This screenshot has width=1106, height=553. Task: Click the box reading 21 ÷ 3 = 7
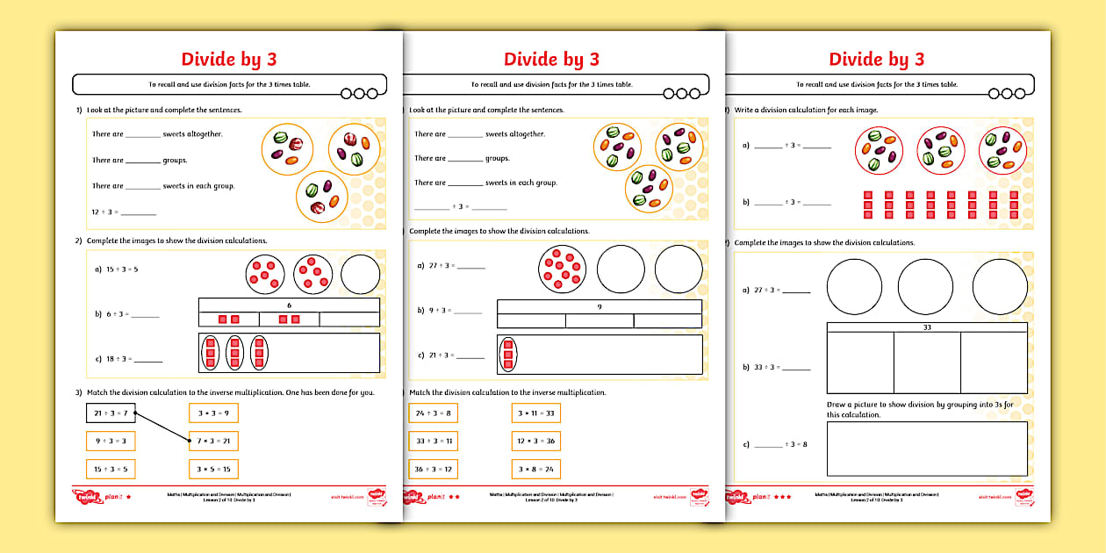[x=111, y=413]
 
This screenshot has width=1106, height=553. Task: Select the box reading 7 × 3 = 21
[x=213, y=441]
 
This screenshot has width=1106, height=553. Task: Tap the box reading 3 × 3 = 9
[x=213, y=413]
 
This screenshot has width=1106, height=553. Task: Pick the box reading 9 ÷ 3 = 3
[x=111, y=441]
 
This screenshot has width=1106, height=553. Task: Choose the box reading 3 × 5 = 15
[x=213, y=469]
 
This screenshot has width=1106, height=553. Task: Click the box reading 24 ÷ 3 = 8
[x=433, y=413]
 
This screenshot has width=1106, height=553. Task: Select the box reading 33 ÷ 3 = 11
[x=433, y=441]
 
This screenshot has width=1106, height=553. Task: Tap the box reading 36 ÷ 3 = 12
[x=433, y=469]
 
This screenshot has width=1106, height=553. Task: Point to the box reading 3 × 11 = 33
[x=535, y=413]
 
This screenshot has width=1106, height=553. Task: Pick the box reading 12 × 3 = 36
[x=535, y=441]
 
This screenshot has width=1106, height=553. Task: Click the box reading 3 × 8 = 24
[x=535, y=469]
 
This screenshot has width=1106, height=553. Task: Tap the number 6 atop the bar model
[x=289, y=305]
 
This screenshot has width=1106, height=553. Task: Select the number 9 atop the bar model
[x=600, y=307]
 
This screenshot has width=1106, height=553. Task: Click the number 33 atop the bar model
[x=927, y=327]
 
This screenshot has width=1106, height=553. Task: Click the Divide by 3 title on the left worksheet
[x=228, y=59]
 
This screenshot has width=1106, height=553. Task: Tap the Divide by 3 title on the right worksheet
[x=876, y=59]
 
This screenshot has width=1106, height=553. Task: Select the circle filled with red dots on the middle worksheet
[x=563, y=269]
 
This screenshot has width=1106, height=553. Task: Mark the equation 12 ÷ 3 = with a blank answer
[x=123, y=211]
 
